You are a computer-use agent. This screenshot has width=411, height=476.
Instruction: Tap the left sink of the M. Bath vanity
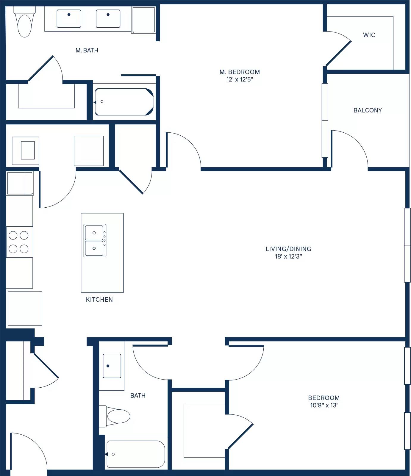(x=69, y=18)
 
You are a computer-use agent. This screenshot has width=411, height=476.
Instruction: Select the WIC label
(x=369, y=35)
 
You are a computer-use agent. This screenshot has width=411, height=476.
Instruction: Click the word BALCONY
(x=368, y=110)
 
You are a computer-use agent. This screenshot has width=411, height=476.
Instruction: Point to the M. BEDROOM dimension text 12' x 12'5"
(x=240, y=79)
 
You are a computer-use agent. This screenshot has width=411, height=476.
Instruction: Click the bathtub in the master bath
(x=124, y=102)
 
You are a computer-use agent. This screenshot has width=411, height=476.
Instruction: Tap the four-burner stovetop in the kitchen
(x=19, y=242)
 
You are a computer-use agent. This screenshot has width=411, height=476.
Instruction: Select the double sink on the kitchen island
(x=95, y=240)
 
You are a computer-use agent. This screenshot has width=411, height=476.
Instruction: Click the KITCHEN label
(x=99, y=300)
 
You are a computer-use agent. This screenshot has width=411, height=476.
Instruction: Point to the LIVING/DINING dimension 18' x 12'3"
(x=288, y=256)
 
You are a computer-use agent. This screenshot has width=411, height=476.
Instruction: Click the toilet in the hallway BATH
(x=116, y=416)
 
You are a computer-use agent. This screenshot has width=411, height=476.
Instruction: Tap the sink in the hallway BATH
(x=112, y=366)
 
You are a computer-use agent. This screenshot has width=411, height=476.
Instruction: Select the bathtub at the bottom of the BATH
(x=135, y=454)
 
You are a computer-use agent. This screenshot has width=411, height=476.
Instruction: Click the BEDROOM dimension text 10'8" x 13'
(x=324, y=405)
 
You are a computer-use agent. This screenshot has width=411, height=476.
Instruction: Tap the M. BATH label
(x=87, y=51)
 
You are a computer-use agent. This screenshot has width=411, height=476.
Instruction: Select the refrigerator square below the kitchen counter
(x=25, y=309)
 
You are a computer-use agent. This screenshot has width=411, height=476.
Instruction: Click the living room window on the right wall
(x=407, y=245)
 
